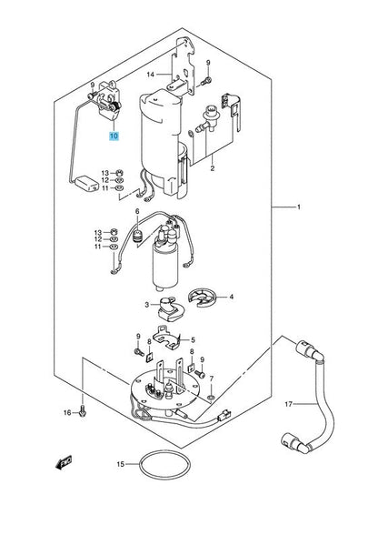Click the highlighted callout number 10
click(114, 136)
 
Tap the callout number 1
click(299, 207)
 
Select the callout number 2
click(213, 168)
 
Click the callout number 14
click(151, 75)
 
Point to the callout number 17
click(288, 404)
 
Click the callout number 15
click(121, 464)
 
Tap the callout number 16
click(67, 413)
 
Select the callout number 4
click(232, 297)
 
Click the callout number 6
click(137, 211)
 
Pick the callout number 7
click(212, 379)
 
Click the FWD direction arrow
click(64, 463)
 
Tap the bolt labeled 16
click(83, 412)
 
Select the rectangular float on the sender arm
click(87, 183)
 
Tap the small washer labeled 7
click(211, 398)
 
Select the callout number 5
click(193, 340)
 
